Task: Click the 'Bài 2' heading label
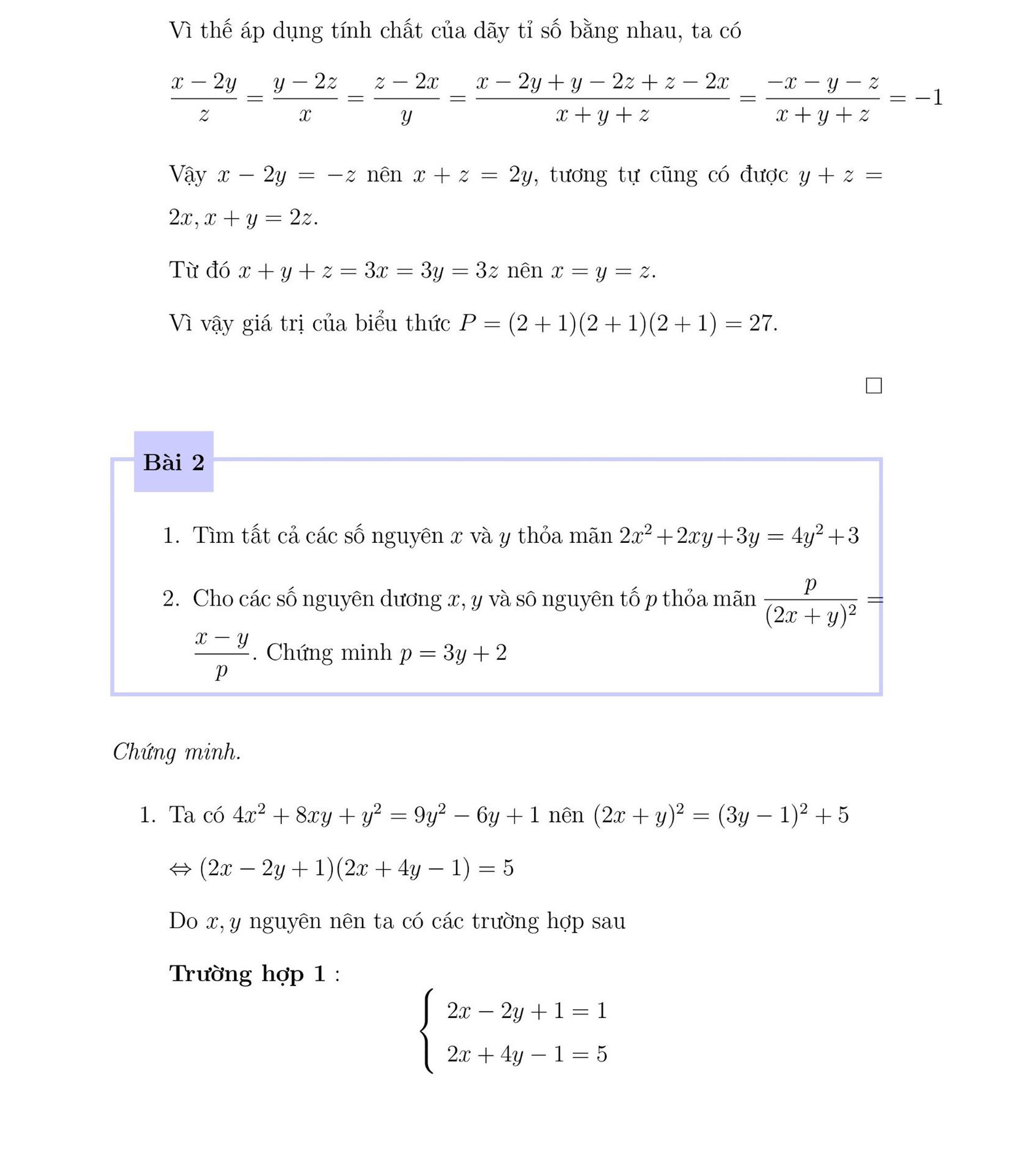[174, 462]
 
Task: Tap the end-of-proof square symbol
[874, 386]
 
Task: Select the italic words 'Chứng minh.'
[177, 752]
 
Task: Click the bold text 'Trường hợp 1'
[248, 974]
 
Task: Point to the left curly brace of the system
[428, 1031]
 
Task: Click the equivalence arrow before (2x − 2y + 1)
[180, 869]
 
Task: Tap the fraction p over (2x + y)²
[810, 600]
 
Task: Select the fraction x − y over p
[222, 654]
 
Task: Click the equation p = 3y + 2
[453, 653]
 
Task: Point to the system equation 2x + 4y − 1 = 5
[526, 1054]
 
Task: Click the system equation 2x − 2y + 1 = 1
[526, 1010]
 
